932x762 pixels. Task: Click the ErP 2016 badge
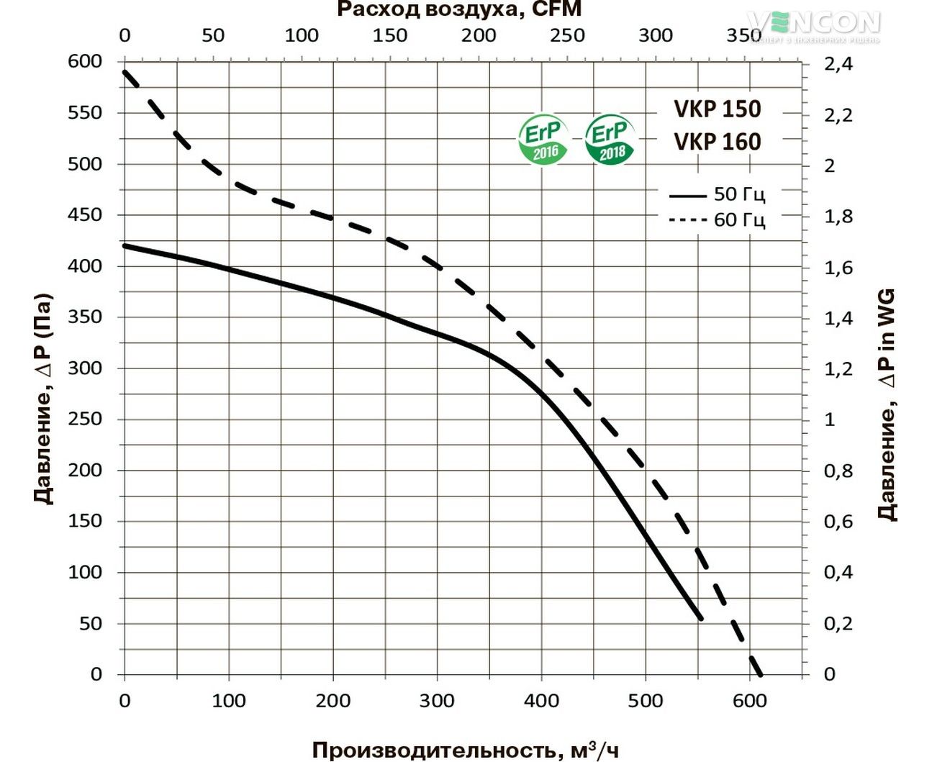click(x=543, y=139)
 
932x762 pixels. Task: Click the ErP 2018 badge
click(x=610, y=139)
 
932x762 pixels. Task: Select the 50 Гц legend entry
click(x=717, y=194)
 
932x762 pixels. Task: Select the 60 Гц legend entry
click(x=717, y=219)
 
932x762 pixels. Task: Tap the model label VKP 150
click(x=717, y=109)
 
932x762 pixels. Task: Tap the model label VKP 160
click(x=717, y=142)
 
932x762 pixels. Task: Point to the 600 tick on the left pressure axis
click(x=85, y=62)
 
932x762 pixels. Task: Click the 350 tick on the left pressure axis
click(x=85, y=317)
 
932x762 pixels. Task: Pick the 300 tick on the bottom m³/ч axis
click(x=437, y=701)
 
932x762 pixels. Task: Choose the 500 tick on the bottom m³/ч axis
click(x=645, y=701)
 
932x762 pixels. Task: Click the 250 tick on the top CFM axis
click(x=567, y=35)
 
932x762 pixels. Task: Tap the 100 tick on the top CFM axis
click(x=302, y=35)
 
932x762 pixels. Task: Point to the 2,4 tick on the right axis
click(x=838, y=64)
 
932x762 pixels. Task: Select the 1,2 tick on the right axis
click(x=838, y=369)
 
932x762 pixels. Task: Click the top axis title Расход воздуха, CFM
click(x=459, y=9)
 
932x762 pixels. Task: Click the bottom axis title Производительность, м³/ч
click(x=465, y=750)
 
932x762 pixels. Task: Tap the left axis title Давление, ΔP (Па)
click(x=43, y=399)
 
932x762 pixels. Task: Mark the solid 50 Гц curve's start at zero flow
click(x=125, y=246)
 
